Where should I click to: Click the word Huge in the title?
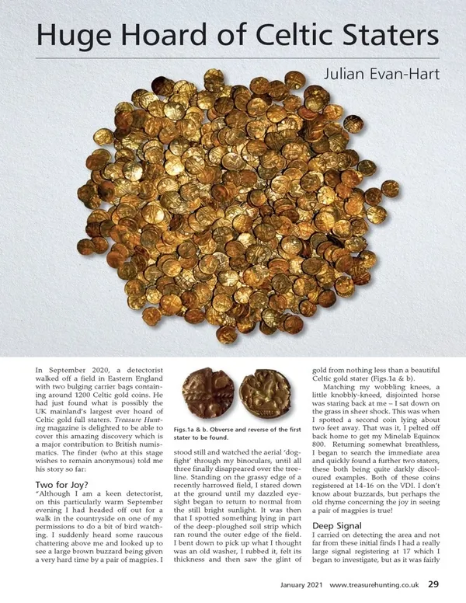point(68,36)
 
